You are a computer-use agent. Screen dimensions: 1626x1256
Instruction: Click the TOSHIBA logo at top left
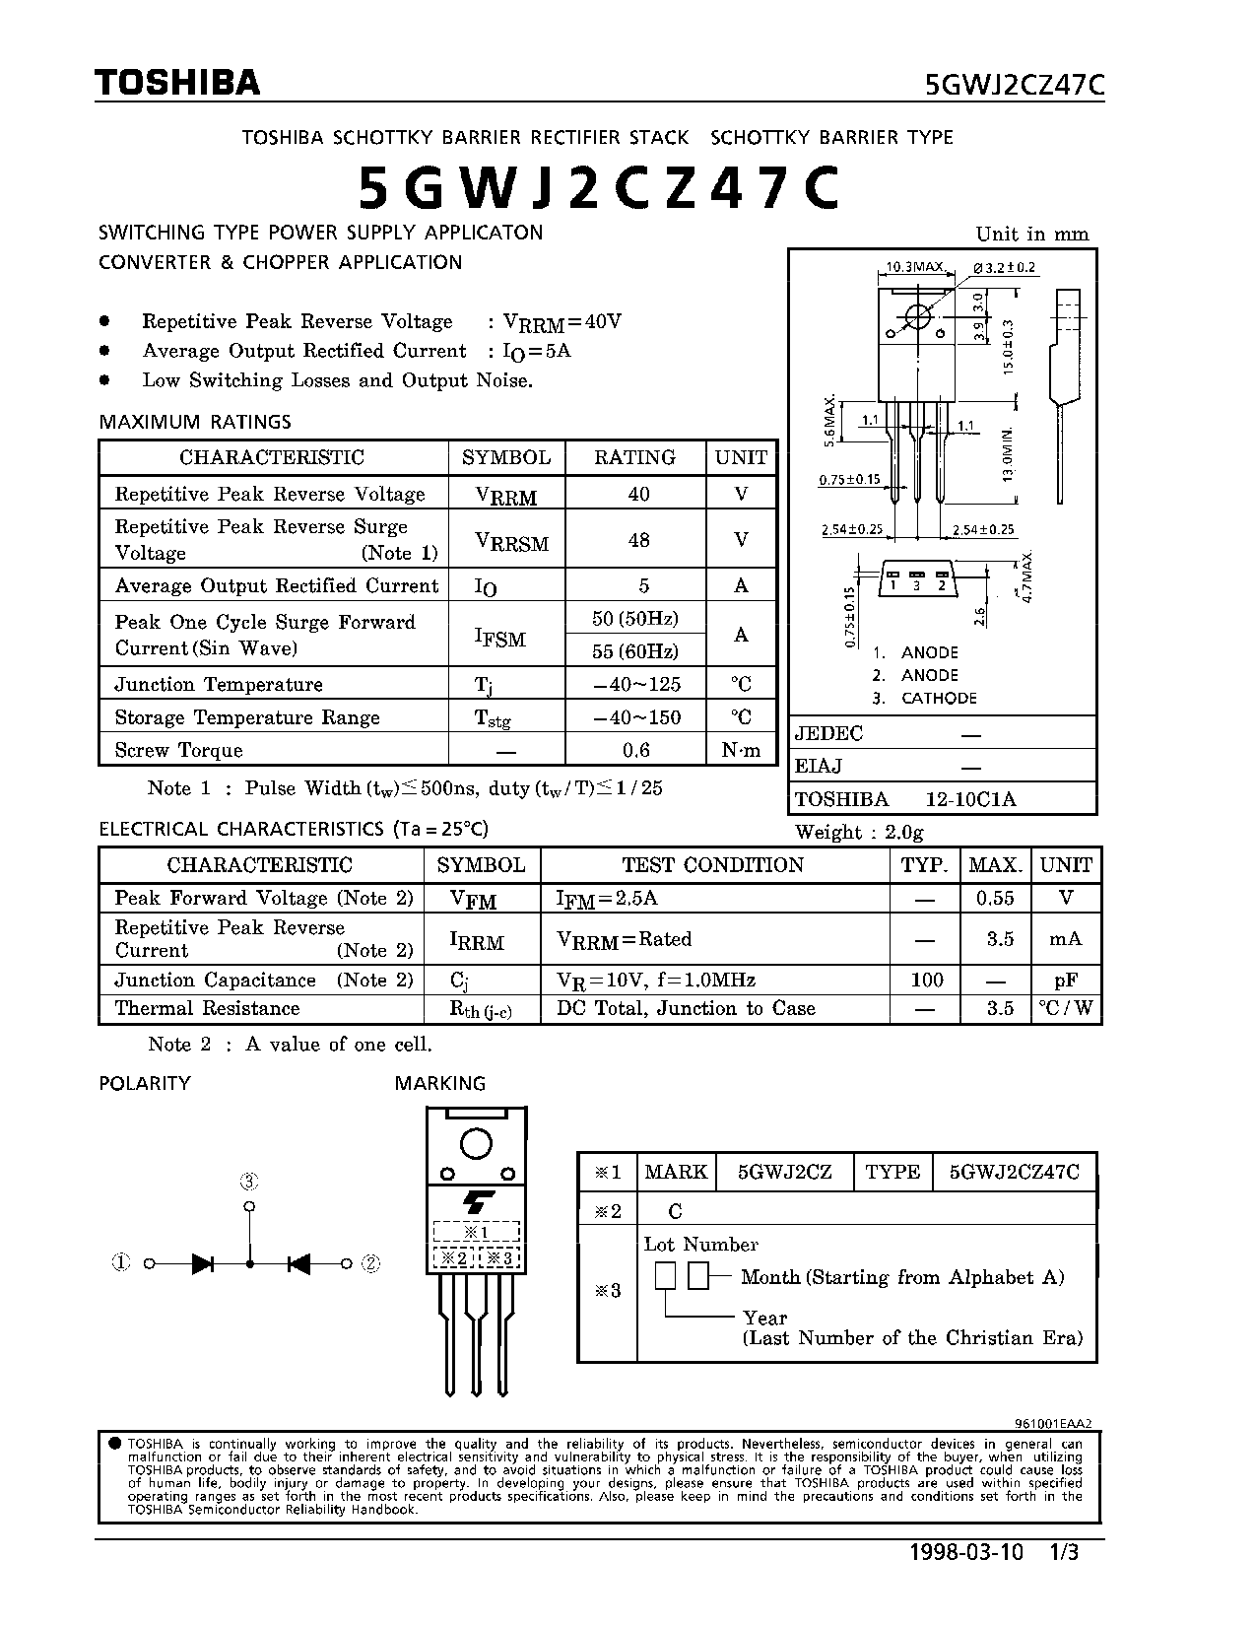[x=178, y=83]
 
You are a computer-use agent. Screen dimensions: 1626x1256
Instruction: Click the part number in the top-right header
[x=1015, y=86]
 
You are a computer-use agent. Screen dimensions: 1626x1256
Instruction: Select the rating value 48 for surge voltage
[x=638, y=540]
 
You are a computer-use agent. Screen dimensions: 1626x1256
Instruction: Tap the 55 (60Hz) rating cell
[x=635, y=651]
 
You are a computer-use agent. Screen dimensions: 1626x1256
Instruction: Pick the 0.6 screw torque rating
[x=636, y=750]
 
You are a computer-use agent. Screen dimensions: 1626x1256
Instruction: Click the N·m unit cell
[x=741, y=750]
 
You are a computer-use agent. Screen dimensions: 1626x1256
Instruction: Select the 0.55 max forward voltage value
[x=995, y=898]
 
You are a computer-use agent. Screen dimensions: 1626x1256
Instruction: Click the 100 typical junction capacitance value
[x=926, y=980]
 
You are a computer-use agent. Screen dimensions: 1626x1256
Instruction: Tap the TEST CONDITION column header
[x=713, y=865]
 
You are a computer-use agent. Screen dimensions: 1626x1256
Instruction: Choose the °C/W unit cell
[x=1065, y=1008]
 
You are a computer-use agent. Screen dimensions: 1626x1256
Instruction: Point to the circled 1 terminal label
[x=121, y=1262]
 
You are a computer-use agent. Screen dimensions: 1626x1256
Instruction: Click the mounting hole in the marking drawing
[x=476, y=1144]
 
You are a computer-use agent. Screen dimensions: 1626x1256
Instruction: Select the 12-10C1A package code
[x=969, y=799]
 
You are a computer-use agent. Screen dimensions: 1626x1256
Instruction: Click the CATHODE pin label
[x=938, y=698]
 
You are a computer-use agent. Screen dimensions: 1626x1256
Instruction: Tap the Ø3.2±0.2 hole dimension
[x=1004, y=267]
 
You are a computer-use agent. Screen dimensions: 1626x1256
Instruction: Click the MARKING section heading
[x=439, y=1083]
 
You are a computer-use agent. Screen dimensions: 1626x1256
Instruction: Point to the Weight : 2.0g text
[x=859, y=832]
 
